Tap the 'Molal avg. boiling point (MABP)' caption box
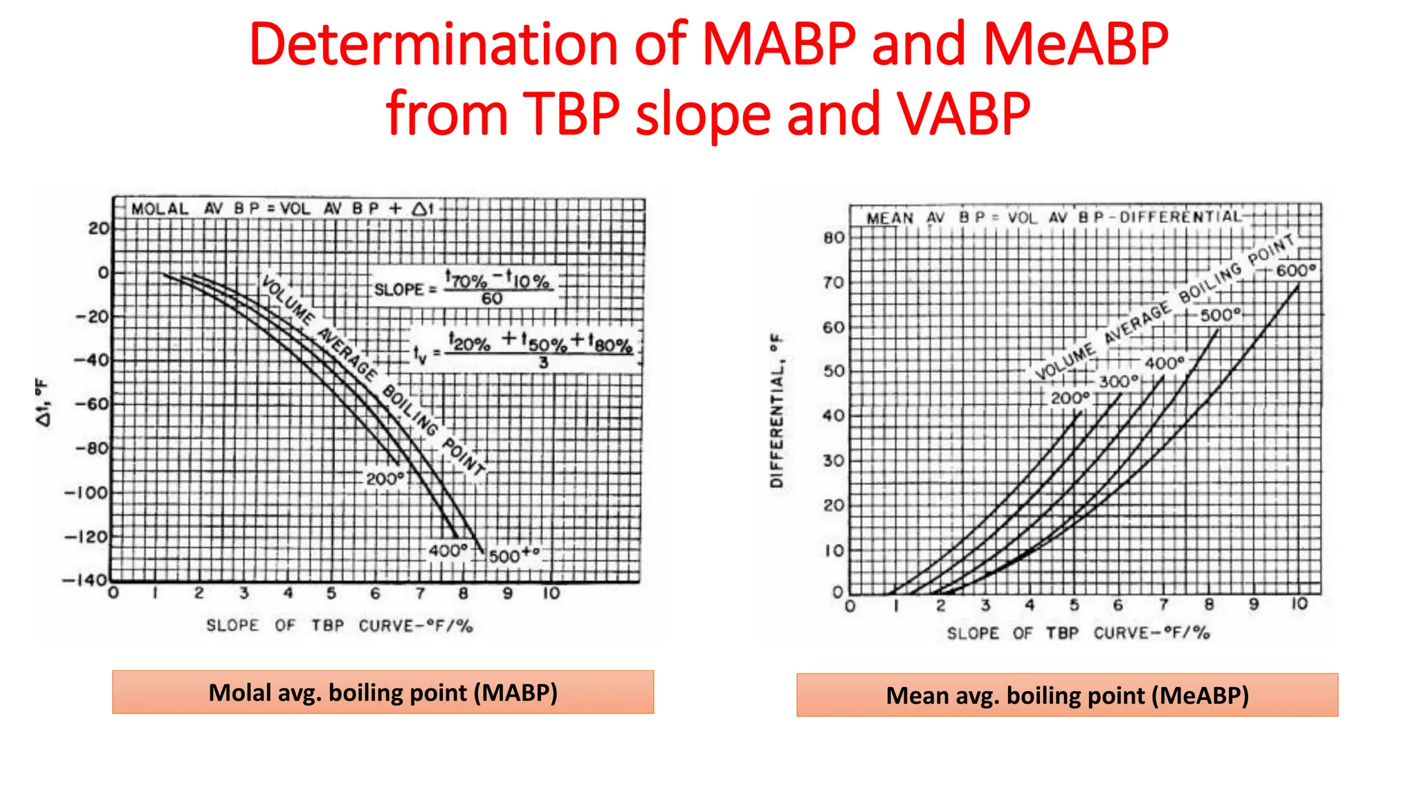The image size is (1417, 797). [x=383, y=692]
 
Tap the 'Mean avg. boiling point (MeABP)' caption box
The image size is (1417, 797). [x=1067, y=695]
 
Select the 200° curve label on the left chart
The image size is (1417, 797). [x=385, y=479]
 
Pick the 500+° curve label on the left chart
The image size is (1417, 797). [x=513, y=556]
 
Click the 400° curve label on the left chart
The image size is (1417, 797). [x=448, y=551]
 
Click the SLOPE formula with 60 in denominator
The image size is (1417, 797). [x=464, y=288]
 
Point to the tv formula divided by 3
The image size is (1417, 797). [x=524, y=349]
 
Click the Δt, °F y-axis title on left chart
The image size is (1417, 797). [x=43, y=402]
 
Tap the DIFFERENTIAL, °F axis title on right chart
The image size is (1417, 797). [x=777, y=411]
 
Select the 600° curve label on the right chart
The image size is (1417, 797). [x=1295, y=271]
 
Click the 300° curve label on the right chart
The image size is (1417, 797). [x=1118, y=381]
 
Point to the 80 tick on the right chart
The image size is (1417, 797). [x=834, y=238]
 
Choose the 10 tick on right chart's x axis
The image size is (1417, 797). [x=1299, y=604]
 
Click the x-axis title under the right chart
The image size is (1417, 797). [x=1078, y=633]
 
